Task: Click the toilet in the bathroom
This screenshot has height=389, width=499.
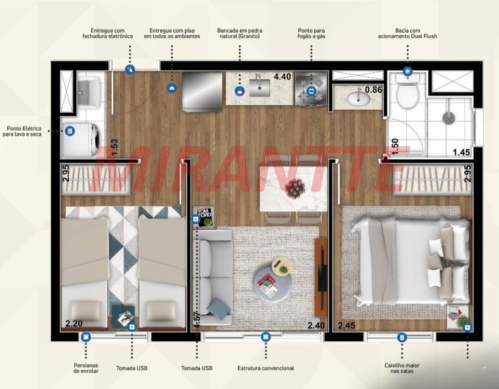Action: point(407,91)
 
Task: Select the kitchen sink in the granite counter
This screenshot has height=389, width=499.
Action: point(259,88)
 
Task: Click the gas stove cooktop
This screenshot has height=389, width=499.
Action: point(311,89)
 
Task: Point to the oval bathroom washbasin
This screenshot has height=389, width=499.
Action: point(358,99)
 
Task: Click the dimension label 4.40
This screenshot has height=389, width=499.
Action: point(283,77)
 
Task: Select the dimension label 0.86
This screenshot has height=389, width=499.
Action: point(373,90)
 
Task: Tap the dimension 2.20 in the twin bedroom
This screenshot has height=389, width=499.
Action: point(74,324)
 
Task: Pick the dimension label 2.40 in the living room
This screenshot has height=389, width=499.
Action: point(316,325)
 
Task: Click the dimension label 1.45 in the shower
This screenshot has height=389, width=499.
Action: point(462,152)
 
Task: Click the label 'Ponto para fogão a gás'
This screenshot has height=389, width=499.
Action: point(311,33)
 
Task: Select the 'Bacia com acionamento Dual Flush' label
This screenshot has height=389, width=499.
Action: point(407,33)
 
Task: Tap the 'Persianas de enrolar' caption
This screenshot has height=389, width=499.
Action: point(86,368)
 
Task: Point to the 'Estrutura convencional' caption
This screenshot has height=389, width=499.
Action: point(266,368)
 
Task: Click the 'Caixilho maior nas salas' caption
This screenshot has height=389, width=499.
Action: point(402,368)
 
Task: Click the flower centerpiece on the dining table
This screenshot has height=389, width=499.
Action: point(295,188)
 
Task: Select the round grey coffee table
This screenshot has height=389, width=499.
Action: point(272,284)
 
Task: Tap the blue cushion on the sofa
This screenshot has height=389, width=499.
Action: point(218,307)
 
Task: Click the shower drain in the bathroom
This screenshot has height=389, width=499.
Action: point(449,118)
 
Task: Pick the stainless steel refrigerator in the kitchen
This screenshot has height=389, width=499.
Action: point(202,91)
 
